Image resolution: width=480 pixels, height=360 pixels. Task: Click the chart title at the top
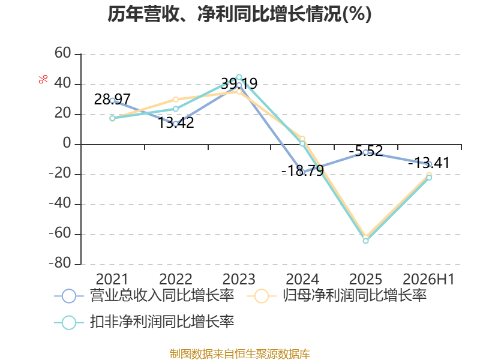pos(239,14)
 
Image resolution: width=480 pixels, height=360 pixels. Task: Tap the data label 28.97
pos(112,99)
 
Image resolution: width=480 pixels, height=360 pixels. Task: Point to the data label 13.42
pos(176,122)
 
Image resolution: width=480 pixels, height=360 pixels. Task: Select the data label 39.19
pos(239,83)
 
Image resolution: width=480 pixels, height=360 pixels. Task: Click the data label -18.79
pos(302,170)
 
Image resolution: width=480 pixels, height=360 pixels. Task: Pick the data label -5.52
pos(366,151)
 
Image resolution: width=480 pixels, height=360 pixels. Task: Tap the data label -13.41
pos(429,163)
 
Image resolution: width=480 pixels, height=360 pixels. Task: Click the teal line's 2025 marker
pos(366,241)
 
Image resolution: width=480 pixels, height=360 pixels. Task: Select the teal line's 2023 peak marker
pos(239,77)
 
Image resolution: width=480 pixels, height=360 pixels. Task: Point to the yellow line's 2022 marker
pos(176,100)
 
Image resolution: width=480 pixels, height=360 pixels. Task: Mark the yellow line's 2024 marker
pos(302,139)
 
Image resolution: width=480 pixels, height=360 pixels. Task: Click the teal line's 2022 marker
pos(176,109)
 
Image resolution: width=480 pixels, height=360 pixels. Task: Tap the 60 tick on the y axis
pos(63,53)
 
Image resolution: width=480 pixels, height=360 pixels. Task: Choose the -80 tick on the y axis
pos(60,263)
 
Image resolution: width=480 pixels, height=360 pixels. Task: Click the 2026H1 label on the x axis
pos(428,279)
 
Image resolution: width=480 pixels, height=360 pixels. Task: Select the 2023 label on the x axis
pos(239,279)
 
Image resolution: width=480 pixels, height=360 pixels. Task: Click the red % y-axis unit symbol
pos(43,79)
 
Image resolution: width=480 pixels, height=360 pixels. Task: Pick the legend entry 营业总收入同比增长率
pos(144,296)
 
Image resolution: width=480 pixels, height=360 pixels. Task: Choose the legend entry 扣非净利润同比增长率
pos(144,322)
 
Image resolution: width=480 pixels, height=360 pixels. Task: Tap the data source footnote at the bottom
pos(240,354)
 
